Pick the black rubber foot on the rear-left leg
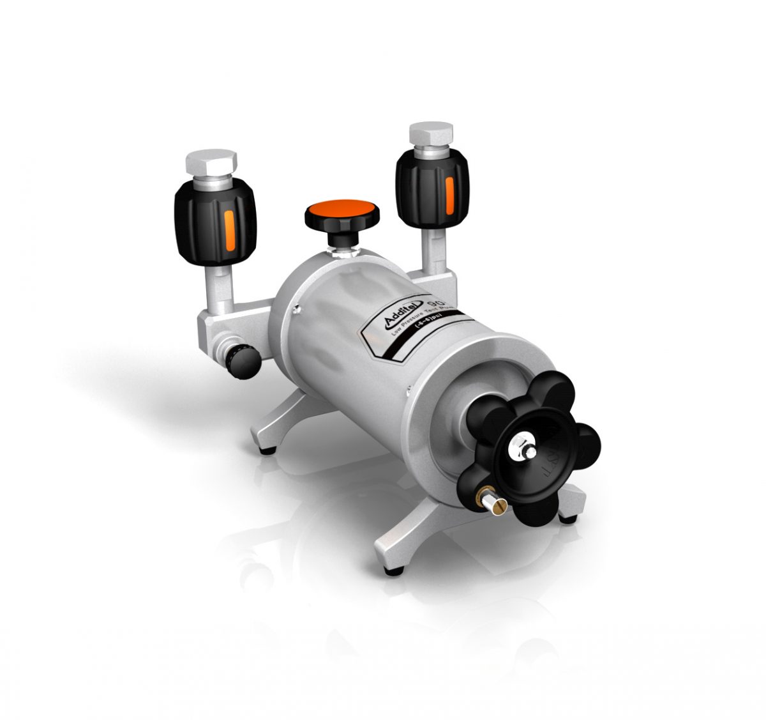coord(269,449)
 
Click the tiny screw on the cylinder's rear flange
coord(297,312)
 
